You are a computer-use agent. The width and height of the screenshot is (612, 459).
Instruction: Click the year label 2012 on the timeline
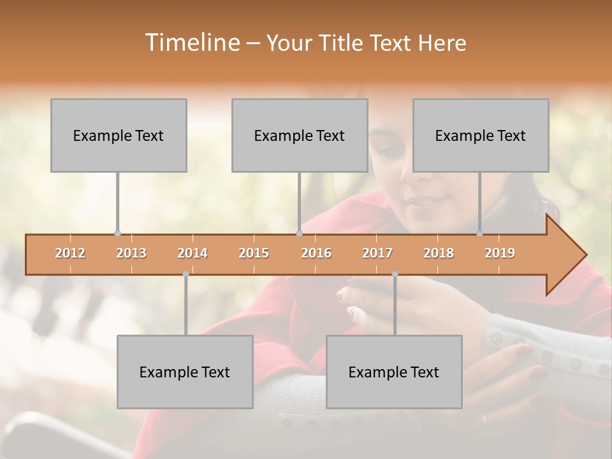[70, 253]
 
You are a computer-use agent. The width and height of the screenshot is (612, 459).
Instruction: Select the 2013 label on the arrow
[131, 253]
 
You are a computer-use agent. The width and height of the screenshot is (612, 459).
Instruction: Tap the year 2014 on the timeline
[193, 253]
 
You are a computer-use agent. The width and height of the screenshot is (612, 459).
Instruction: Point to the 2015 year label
[254, 253]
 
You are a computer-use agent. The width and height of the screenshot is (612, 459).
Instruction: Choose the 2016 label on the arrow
[316, 253]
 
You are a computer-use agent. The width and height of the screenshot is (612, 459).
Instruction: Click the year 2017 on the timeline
[377, 253]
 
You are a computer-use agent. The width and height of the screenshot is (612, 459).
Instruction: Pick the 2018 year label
[439, 253]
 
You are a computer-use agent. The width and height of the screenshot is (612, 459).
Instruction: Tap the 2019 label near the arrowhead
[500, 253]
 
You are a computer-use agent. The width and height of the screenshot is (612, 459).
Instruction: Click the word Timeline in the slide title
[191, 43]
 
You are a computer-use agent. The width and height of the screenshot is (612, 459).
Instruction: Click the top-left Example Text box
[119, 135]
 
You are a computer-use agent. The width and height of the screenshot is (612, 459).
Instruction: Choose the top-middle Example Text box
[300, 135]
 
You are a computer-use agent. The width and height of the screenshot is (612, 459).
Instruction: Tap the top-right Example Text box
[481, 135]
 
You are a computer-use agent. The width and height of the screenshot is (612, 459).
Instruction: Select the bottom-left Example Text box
[185, 372]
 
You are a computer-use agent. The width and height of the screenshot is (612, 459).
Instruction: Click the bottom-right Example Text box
[394, 372]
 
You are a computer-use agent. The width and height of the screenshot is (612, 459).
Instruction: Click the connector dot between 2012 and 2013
[117, 234]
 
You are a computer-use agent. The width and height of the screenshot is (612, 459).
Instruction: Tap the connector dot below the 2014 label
[186, 274]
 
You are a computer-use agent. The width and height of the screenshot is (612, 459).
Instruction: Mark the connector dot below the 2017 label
[395, 274]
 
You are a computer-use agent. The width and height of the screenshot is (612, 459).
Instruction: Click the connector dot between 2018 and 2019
[480, 234]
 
